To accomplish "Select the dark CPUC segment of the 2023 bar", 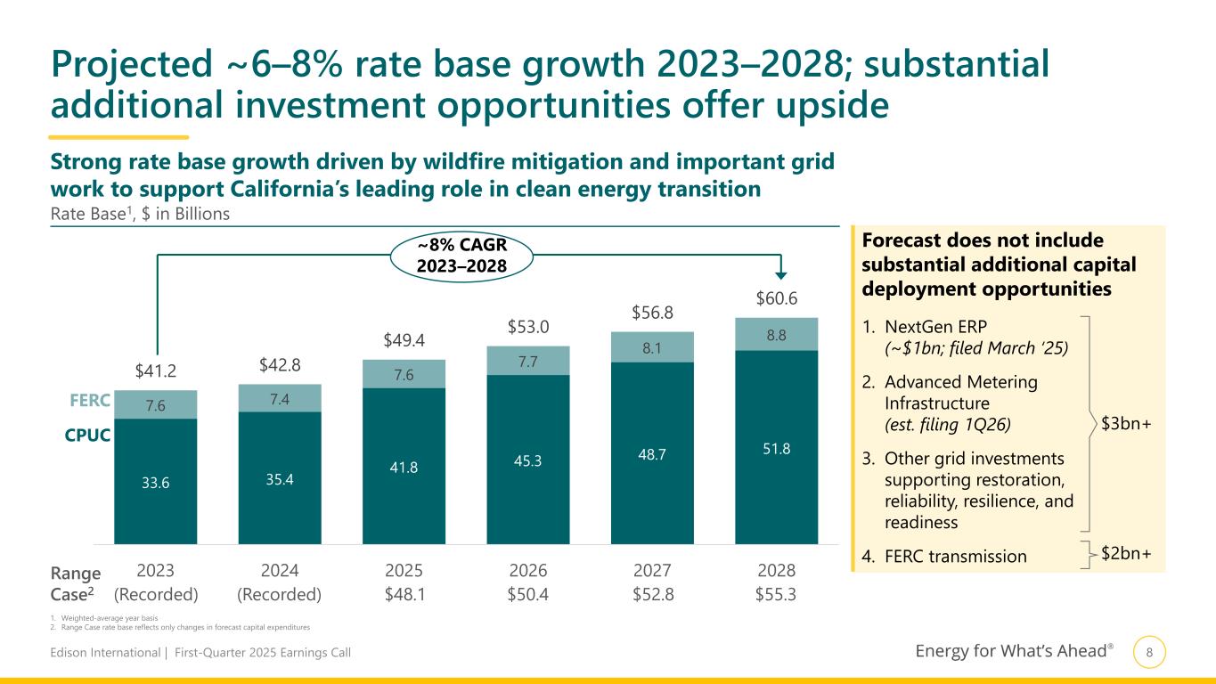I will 156,481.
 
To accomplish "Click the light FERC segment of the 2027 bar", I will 652,346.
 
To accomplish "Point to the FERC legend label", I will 88,401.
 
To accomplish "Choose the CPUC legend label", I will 87,436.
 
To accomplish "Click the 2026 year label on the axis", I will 528,570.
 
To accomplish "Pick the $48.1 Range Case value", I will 404,593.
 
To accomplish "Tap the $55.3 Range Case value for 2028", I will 775,593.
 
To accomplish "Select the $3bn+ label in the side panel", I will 1125,424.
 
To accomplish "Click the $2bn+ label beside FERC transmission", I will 1126,554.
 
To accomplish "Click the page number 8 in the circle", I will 1149,653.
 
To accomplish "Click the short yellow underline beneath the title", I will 118,137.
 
